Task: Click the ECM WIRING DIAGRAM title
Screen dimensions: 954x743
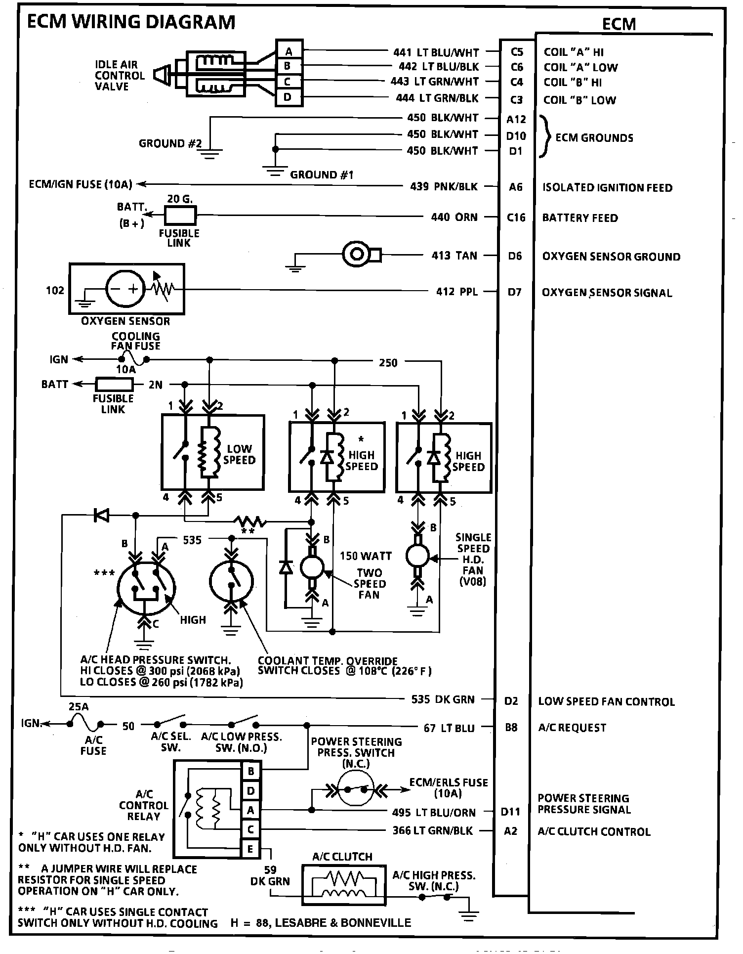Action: point(131,22)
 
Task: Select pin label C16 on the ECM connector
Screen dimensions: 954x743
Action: point(516,217)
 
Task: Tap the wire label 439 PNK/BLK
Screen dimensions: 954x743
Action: point(444,186)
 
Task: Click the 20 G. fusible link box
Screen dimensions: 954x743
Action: point(180,215)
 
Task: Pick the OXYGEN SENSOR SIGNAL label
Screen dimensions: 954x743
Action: point(607,293)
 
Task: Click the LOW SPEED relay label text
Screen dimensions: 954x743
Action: point(240,454)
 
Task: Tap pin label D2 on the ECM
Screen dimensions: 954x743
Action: point(511,701)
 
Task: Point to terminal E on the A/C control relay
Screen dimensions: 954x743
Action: point(250,849)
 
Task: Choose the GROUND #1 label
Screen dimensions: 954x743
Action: point(322,175)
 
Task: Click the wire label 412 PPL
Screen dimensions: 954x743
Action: point(456,292)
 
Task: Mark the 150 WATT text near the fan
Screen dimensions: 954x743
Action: point(366,556)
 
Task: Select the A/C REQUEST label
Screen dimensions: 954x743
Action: point(572,728)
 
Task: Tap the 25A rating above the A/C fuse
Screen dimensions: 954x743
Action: point(79,707)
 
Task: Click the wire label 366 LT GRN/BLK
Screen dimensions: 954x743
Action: point(433,830)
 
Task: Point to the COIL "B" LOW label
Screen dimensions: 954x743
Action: point(579,100)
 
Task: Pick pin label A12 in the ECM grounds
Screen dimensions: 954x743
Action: point(516,119)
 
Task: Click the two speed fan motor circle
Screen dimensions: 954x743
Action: point(312,568)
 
